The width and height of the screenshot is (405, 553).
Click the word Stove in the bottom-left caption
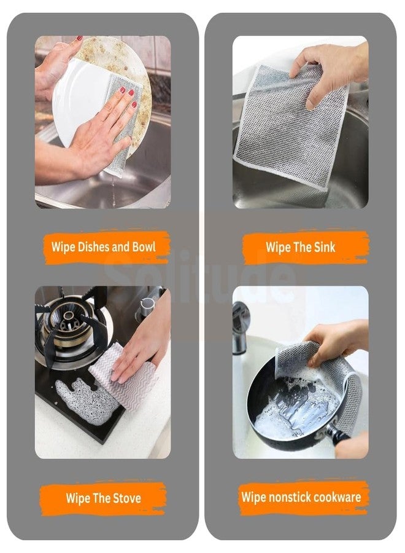124,497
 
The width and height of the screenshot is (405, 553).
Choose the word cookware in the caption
339,496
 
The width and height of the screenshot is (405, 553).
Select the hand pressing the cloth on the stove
144,344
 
